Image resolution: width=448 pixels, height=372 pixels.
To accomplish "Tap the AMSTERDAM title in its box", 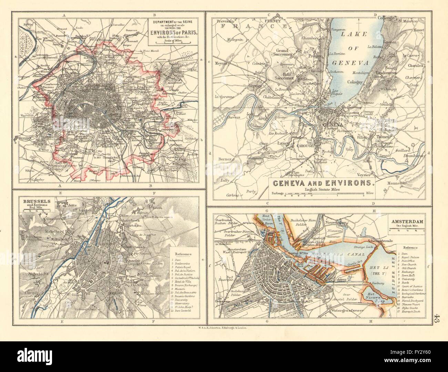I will point(407,221).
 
